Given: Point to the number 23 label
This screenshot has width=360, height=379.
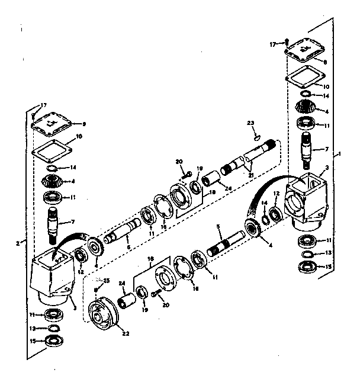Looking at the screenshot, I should point(250,123).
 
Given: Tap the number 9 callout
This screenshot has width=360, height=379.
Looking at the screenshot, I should point(84,124).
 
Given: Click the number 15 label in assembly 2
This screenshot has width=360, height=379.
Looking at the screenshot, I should point(34,341).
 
